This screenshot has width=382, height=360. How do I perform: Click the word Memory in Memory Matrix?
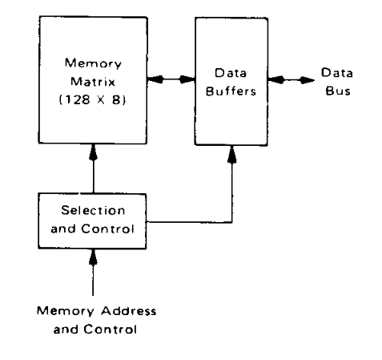(x=93, y=64)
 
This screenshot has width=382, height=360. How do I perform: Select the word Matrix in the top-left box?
(x=93, y=82)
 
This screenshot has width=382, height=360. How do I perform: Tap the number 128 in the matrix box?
(x=76, y=99)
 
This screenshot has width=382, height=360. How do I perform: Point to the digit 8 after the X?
(x=117, y=99)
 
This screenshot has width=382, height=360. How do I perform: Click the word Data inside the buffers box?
(x=231, y=73)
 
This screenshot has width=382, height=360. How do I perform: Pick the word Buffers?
(x=231, y=91)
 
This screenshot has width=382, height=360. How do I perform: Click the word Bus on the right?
(x=338, y=91)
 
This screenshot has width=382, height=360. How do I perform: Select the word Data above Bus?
(x=337, y=72)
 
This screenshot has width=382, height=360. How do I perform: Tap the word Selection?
(x=93, y=210)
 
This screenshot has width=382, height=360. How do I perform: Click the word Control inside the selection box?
(x=107, y=229)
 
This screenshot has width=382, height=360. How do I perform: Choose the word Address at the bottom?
(x=129, y=311)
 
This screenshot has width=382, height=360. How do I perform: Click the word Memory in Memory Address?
(x=66, y=311)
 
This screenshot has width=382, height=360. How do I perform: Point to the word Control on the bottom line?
(x=110, y=330)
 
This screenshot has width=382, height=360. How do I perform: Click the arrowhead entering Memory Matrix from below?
(x=93, y=152)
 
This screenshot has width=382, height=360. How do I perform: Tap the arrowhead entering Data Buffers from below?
(x=232, y=155)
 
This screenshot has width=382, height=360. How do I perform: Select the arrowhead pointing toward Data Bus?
(x=307, y=80)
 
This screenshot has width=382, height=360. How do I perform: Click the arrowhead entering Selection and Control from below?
(x=93, y=257)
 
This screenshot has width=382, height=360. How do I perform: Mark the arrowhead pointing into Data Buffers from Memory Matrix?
(x=187, y=79)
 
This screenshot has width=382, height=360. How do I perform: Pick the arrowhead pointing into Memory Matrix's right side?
(x=155, y=79)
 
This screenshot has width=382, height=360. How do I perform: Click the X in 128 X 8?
(x=101, y=100)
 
